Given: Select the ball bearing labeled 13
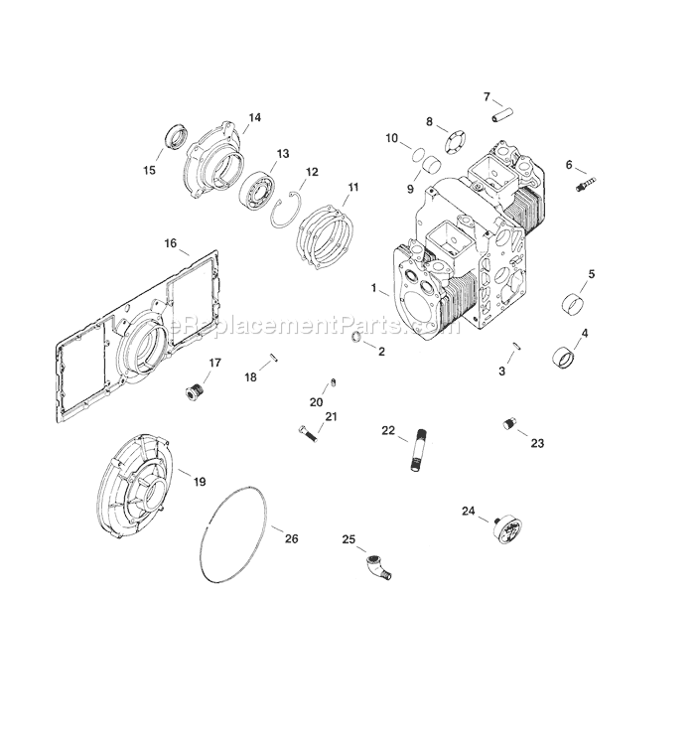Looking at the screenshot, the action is point(256,192).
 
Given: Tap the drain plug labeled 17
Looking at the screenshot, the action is point(195,392).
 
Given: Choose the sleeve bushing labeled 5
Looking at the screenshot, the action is point(573,303).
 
